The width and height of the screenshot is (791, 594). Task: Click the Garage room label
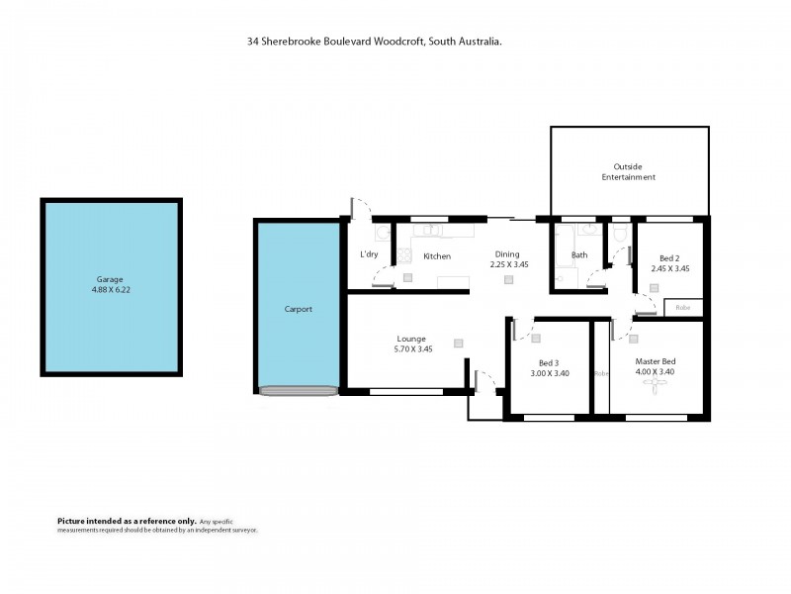click(x=110, y=280)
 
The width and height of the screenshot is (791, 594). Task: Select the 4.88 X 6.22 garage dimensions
click(x=110, y=291)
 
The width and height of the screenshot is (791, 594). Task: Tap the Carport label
click(x=298, y=309)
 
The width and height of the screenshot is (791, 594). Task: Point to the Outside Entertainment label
click(x=629, y=171)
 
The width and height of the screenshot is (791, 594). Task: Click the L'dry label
click(x=369, y=254)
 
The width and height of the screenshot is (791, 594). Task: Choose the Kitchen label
click(x=437, y=256)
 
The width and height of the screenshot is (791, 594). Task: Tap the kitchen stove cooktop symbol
click(x=404, y=255)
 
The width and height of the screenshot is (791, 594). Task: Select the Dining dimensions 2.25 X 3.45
click(x=507, y=265)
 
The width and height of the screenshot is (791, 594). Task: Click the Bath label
click(x=579, y=255)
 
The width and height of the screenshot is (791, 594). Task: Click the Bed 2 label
click(x=668, y=256)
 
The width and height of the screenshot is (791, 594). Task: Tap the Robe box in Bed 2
click(x=682, y=308)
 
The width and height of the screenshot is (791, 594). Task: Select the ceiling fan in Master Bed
click(x=656, y=387)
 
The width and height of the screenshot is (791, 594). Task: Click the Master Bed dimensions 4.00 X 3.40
click(x=656, y=373)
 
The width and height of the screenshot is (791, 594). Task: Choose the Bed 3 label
click(x=549, y=363)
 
